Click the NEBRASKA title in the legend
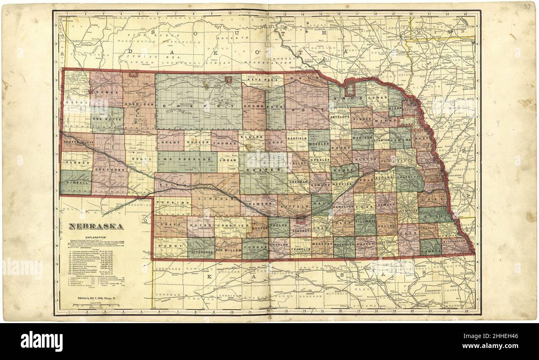coord(96,226)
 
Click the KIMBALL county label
coord(76,182)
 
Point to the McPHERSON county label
coord(187,159)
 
